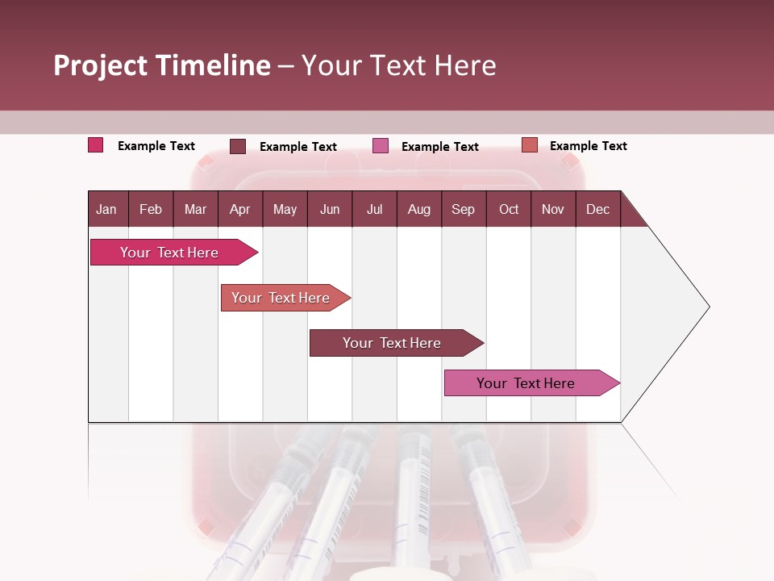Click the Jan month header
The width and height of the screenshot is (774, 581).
tap(106, 209)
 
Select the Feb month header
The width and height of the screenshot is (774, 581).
tap(151, 209)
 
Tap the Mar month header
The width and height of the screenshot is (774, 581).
tap(195, 209)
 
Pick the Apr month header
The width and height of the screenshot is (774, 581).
tap(239, 209)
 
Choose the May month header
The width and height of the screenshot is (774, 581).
tap(285, 209)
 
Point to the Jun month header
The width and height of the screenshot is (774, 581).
tap(330, 209)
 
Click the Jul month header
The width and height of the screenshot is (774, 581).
tap(374, 209)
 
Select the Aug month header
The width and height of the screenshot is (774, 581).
tap(418, 209)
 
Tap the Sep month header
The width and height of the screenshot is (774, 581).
tap(463, 209)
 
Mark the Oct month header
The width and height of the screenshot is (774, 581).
tap(509, 209)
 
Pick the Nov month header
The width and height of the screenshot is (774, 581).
tap(552, 209)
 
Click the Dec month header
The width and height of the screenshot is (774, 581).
tap(597, 209)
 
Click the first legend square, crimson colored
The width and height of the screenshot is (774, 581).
tap(95, 145)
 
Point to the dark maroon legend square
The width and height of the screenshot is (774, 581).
tap(237, 146)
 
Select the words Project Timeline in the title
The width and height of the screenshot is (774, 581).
tap(162, 65)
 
